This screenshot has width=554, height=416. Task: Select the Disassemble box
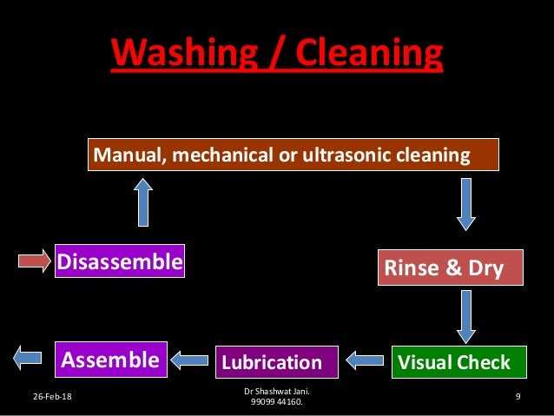pyautogui.click(x=120, y=261)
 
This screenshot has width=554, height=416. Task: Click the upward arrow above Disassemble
pyautogui.click(x=143, y=202)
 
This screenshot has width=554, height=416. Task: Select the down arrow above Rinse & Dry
pyautogui.click(x=466, y=203)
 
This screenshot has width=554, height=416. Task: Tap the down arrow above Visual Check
pyautogui.click(x=466, y=316)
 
